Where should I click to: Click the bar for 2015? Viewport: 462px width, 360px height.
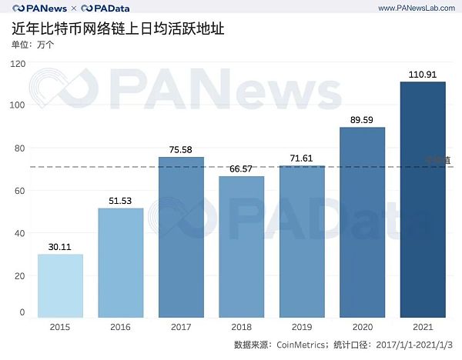pyautogui.click(x=60, y=285)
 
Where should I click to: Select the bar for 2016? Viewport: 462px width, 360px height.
pyautogui.click(x=121, y=262)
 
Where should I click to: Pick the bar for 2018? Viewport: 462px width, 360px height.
pyautogui.click(x=241, y=246)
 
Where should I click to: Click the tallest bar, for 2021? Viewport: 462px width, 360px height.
pyautogui.click(x=423, y=199)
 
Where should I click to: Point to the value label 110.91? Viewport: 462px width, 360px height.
pyautogui.click(x=423, y=75)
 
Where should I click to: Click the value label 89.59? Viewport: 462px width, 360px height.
pyautogui.click(x=362, y=120)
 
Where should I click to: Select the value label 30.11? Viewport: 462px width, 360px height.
pyautogui.click(x=60, y=247)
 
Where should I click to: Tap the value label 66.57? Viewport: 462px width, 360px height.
pyautogui.click(x=241, y=169)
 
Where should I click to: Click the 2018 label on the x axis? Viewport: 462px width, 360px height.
pyautogui.click(x=241, y=327)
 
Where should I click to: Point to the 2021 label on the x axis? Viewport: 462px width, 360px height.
pyautogui.click(x=423, y=327)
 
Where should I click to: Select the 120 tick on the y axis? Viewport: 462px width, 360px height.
pyautogui.click(x=18, y=62)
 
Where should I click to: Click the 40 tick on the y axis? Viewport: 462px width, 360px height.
pyautogui.click(x=20, y=233)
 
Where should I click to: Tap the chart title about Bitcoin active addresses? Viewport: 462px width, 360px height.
pyautogui.click(x=119, y=29)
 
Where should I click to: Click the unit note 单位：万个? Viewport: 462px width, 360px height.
pyautogui.click(x=33, y=44)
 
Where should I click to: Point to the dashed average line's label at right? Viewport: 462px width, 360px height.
pyautogui.click(x=439, y=160)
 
